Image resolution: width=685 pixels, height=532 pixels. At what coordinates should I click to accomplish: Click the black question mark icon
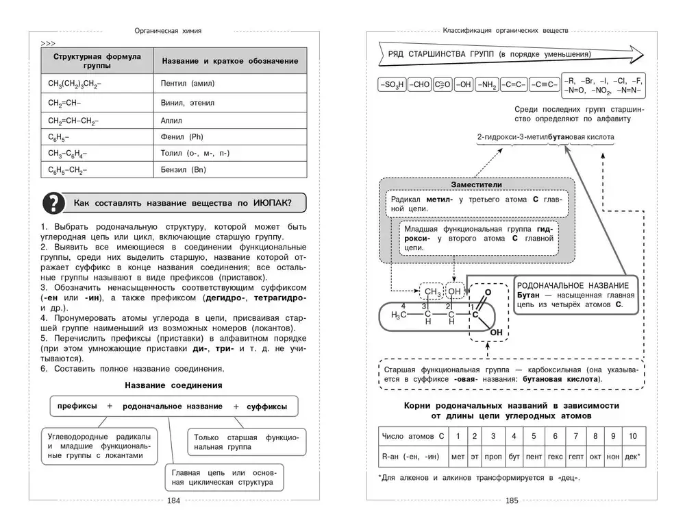click(53, 204)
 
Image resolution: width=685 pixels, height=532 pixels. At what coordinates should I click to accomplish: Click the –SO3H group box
click(392, 85)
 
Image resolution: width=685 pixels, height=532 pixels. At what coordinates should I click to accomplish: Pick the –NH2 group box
click(487, 85)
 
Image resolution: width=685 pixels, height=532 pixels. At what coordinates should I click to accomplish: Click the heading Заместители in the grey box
click(476, 184)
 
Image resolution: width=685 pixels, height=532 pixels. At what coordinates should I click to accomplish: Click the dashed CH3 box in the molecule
click(432, 293)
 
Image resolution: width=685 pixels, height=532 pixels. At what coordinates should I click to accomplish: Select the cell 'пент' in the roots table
click(533, 455)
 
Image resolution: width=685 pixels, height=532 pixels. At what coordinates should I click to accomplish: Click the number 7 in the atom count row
click(575, 435)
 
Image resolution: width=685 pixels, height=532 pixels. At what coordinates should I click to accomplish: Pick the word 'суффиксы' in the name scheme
click(267, 407)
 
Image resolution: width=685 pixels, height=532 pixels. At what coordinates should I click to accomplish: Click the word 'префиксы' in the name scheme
click(77, 406)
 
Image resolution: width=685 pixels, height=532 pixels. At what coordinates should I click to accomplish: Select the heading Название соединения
click(173, 385)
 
